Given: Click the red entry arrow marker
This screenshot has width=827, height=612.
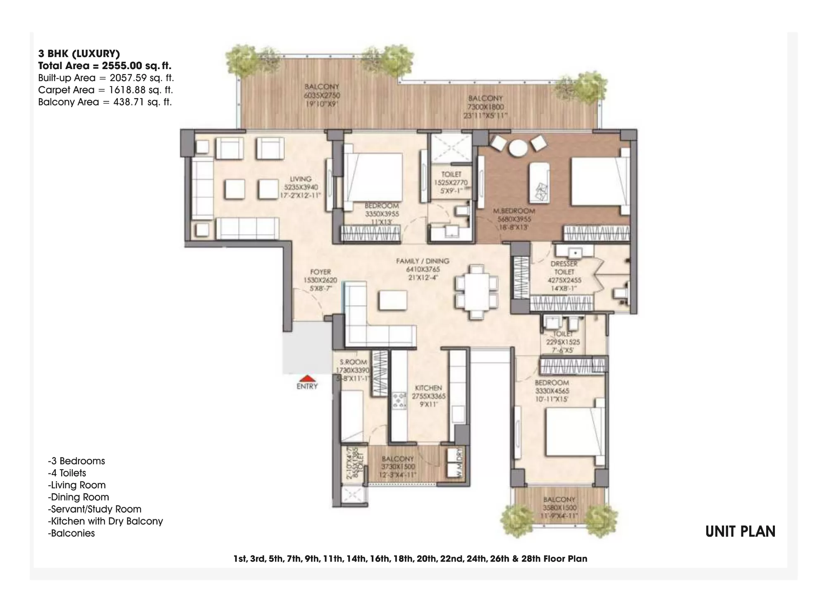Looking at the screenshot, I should pos(307,378).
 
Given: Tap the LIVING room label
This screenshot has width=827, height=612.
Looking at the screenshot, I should pos(301,179).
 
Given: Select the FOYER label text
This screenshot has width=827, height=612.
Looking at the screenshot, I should pos(320,272).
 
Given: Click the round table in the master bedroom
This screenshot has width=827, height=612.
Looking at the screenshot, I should pos(517,148).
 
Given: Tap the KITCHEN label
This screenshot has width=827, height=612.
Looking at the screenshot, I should pos(428,388).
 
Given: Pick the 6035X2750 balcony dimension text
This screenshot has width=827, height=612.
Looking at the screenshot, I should pos(322,96).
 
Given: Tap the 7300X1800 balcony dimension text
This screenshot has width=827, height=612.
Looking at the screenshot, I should pos(486,107).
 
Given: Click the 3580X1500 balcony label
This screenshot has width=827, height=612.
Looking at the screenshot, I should pos(559,508).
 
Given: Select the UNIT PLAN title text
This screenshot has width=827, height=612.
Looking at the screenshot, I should pos(740,532).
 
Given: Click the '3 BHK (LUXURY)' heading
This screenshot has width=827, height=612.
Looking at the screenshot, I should pos(79,53).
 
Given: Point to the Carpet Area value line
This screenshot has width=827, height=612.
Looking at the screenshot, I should pos(105,90).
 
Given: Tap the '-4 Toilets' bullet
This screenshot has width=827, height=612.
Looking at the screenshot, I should pos(67,473).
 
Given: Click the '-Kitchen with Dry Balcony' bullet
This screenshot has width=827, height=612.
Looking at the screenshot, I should pos(105,521).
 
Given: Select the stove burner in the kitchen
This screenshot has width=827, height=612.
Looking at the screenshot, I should pos(399,401).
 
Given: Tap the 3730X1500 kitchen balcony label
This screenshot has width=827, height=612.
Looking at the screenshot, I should pos(398,466).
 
